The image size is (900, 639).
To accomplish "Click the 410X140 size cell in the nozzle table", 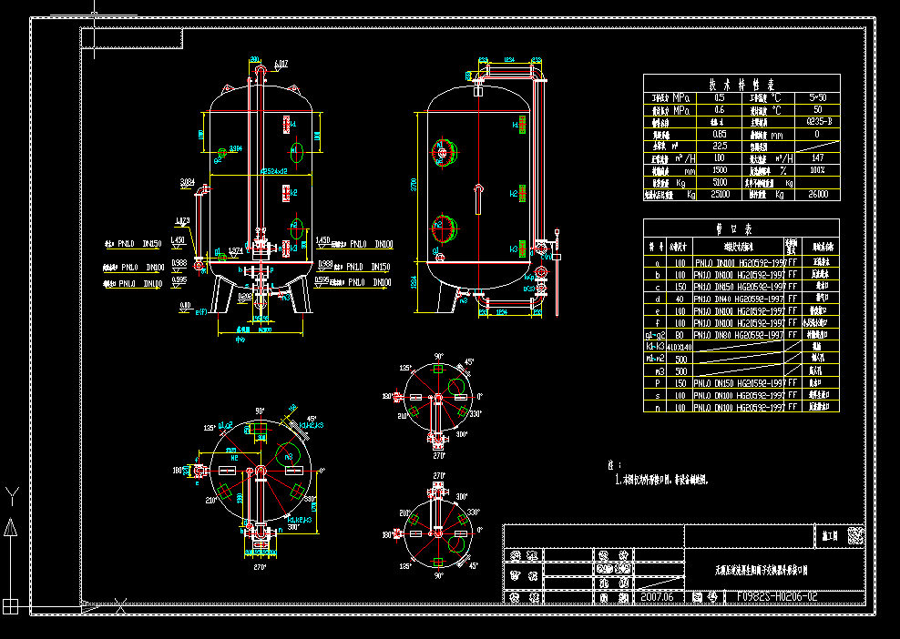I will click(x=680, y=347).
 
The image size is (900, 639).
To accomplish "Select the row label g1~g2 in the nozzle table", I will click(x=656, y=335).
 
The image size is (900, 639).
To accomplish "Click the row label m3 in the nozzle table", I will click(x=656, y=371).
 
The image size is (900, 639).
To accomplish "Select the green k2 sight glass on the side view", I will click(x=514, y=193).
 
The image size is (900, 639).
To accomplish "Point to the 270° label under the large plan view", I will click(x=260, y=567).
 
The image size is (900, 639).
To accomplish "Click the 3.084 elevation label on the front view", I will click(x=188, y=181).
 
